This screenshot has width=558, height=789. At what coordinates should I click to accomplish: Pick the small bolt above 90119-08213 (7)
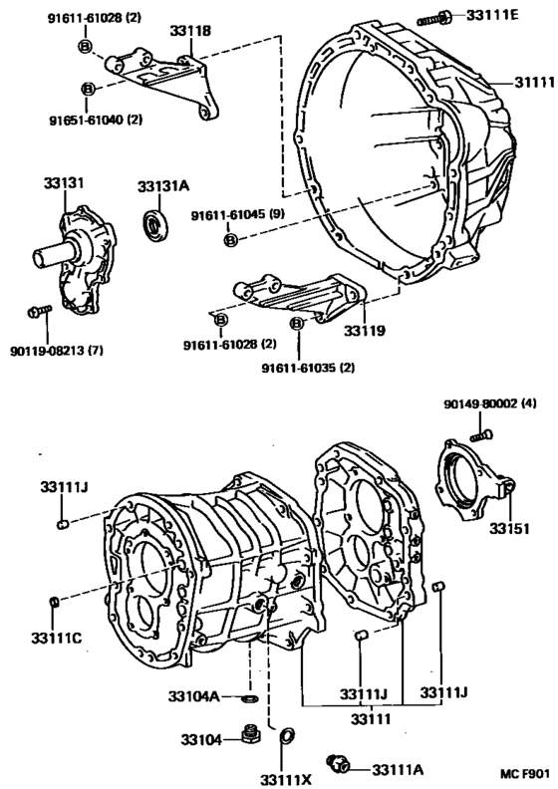pyautogui.click(x=36, y=312)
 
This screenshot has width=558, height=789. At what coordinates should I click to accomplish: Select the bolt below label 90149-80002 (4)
pyautogui.click(x=480, y=434)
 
